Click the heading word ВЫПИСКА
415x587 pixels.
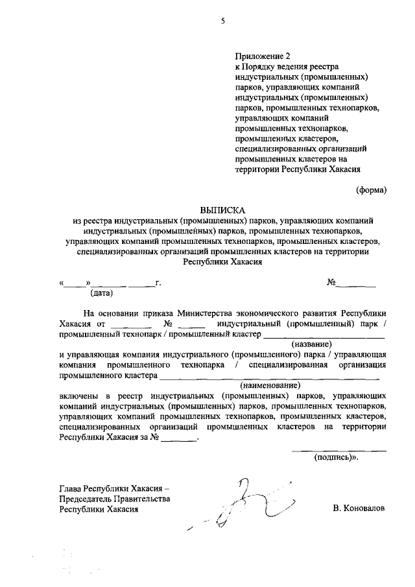click(x=222, y=210)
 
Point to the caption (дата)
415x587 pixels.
click(x=84, y=293)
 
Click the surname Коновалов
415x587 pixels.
click(x=359, y=509)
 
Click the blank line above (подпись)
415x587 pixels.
click(x=338, y=449)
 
